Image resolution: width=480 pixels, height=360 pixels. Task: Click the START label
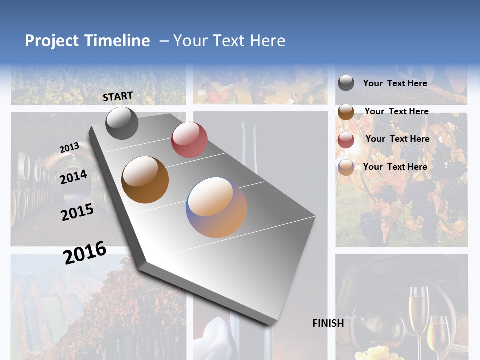(118, 96)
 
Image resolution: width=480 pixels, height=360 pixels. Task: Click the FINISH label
(328, 323)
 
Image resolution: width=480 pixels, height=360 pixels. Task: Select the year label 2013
(69, 148)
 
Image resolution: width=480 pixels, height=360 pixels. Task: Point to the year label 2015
(77, 212)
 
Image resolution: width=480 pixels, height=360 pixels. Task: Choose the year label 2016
(85, 252)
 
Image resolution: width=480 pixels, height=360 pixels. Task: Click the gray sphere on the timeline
(122, 123)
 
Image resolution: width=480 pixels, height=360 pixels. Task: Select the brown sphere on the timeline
(145, 180)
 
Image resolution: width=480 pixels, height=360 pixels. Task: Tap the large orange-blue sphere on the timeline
(216, 207)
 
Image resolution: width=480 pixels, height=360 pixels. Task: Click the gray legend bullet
(346, 83)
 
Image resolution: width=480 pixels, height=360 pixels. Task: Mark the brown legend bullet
(346, 112)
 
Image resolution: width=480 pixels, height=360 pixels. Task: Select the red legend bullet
(346, 140)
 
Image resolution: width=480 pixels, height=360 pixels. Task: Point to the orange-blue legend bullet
(346, 167)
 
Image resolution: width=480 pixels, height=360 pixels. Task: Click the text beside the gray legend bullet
(395, 83)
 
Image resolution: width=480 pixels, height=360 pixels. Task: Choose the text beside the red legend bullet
(397, 139)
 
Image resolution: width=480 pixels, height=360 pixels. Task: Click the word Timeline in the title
(117, 41)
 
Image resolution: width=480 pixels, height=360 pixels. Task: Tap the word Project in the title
(52, 41)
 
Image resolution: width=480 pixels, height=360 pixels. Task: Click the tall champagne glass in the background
(418, 310)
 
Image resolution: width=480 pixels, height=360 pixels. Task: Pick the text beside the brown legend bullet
(396, 111)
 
